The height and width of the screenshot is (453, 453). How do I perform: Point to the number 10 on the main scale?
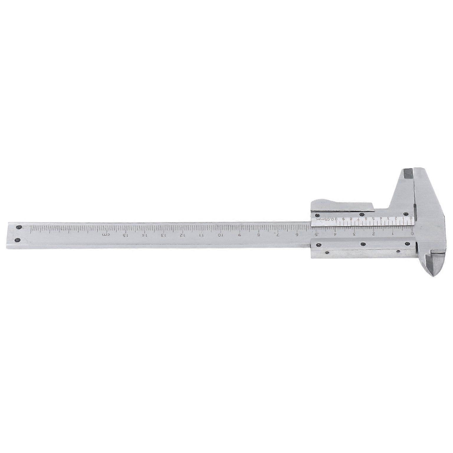pyautogui.click(x=220, y=235)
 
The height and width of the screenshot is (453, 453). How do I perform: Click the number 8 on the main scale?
pyautogui.click(x=258, y=235)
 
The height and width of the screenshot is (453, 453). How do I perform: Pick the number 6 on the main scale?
pyautogui.click(x=297, y=235)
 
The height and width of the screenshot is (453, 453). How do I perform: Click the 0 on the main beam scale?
pyautogui.click(x=412, y=234)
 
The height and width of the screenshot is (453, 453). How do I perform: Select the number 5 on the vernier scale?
pyautogui.click(x=373, y=219)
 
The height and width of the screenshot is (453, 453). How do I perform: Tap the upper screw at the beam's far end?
pyautogui.click(x=18, y=227)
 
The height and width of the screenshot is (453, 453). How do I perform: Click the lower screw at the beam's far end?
pyautogui.click(x=18, y=240)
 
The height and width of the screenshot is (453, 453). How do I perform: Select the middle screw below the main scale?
pyautogui.click(x=363, y=244)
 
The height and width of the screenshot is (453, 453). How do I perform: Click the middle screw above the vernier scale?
pyautogui.click(x=362, y=214)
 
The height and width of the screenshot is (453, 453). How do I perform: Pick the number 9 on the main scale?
pyautogui.click(x=239, y=235)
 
